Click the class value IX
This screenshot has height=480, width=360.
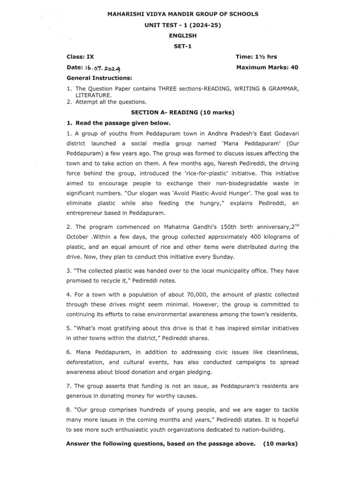(x=91, y=57)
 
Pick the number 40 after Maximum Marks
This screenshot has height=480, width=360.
(x=294, y=67)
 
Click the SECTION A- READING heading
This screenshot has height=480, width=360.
(x=183, y=113)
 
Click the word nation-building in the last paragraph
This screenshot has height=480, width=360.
(x=264, y=429)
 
